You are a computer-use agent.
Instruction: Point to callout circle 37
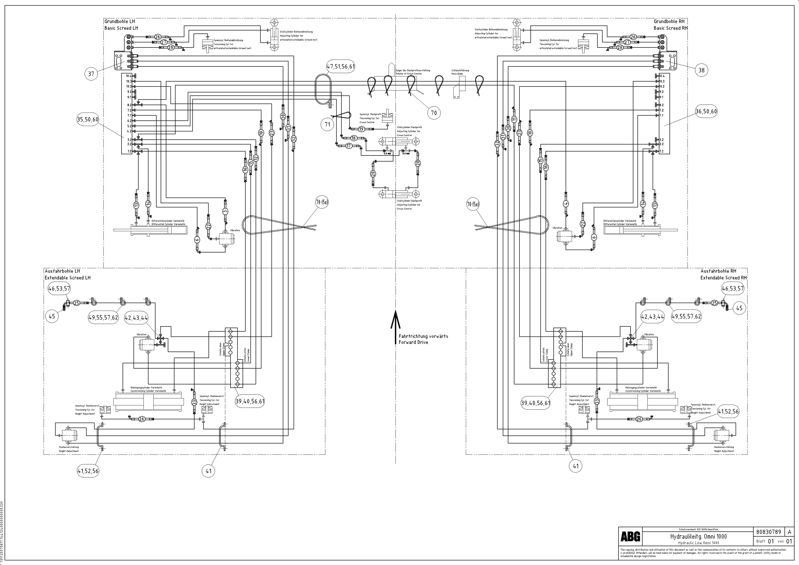91,74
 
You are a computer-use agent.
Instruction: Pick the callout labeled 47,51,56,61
341,66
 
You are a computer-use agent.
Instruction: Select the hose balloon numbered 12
256,158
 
